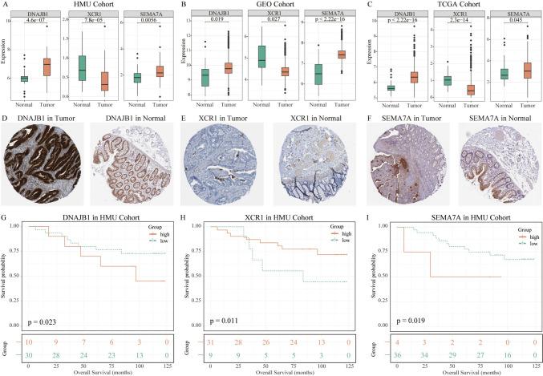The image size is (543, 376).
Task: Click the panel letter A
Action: (x=5, y=4)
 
